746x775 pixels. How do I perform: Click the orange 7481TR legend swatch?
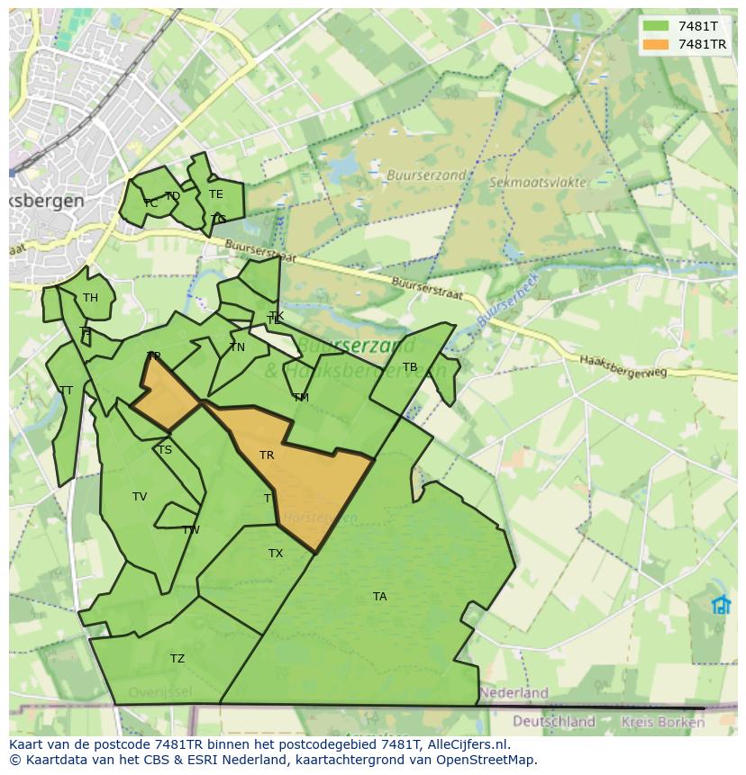pos(655,44)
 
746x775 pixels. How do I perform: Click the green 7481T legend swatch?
pos(655,26)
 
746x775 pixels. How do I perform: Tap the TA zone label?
pos(379,597)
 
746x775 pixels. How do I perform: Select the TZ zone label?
pos(177,659)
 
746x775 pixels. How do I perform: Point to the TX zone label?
pos(276,554)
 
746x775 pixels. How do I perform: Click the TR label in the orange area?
pos(267,455)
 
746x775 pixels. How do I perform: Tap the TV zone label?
pos(140,497)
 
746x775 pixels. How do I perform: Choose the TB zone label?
pos(410,367)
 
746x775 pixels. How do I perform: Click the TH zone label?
pos(90,298)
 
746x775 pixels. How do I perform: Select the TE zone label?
pos(215,194)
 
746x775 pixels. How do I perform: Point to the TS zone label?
pos(164,450)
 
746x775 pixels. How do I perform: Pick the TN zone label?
pos(237,347)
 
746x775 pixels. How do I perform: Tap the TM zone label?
pos(301,397)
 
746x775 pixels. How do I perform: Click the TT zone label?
pos(66,391)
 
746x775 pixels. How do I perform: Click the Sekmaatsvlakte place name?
pos(538,182)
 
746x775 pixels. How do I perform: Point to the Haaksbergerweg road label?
pos(623,364)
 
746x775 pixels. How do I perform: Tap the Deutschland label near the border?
pos(554,721)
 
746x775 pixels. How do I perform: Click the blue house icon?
pos(721,604)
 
